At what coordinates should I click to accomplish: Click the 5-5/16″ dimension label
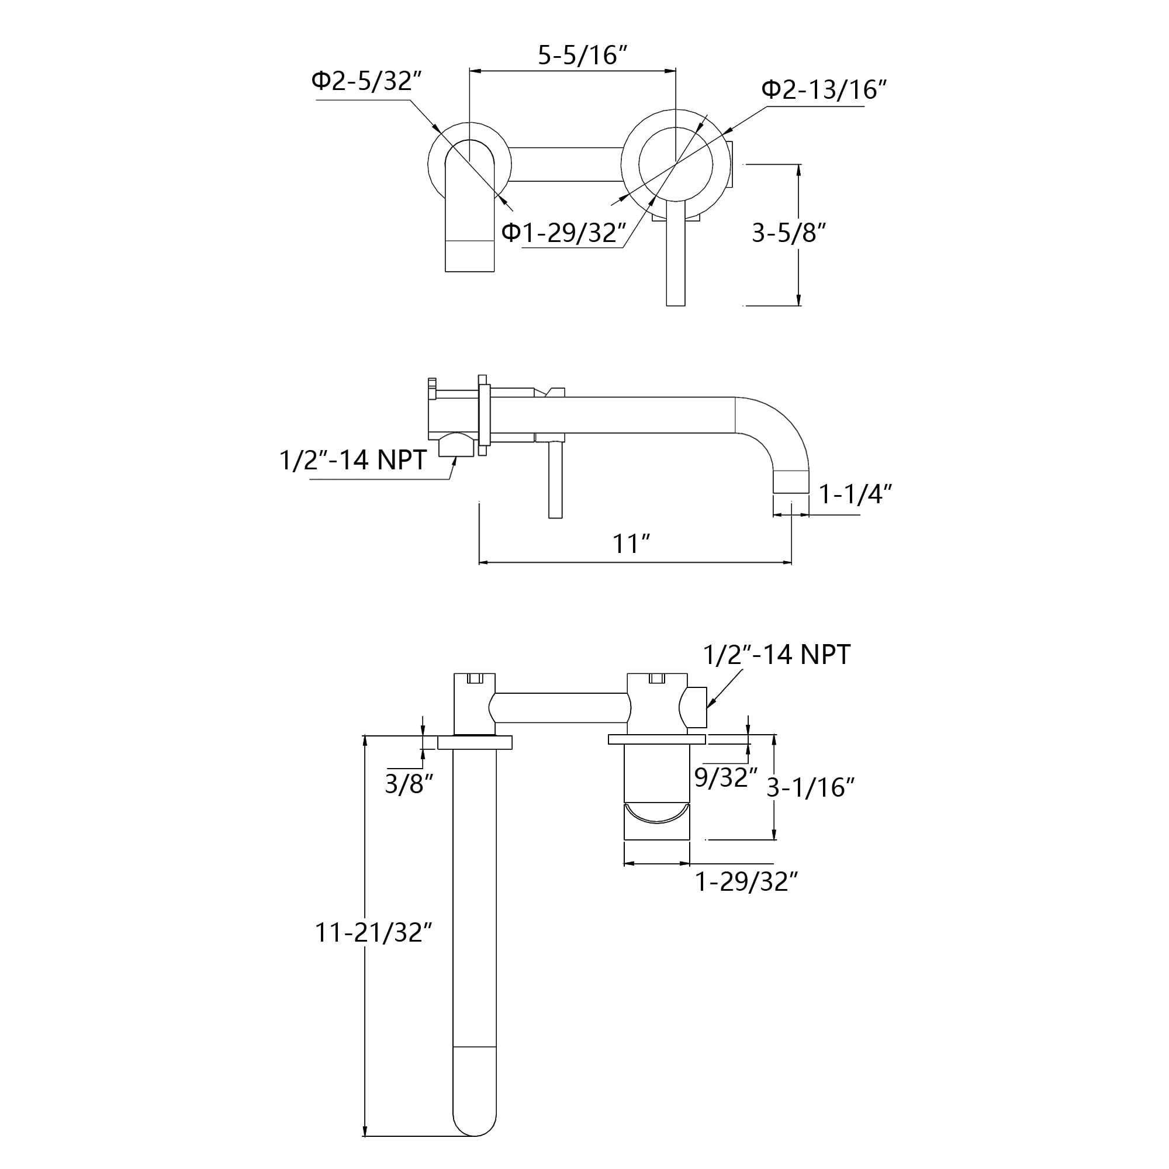(x=582, y=56)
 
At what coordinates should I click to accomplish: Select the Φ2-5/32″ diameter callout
(x=366, y=81)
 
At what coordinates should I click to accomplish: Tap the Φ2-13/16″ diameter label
(x=824, y=89)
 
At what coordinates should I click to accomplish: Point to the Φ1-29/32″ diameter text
(x=563, y=233)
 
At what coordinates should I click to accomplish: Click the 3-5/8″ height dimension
(x=788, y=233)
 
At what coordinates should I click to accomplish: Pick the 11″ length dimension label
(x=631, y=544)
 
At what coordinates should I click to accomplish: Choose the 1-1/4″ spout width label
(x=855, y=494)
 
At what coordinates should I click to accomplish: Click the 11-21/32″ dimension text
(x=373, y=932)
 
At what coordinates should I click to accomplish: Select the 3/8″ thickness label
(x=409, y=784)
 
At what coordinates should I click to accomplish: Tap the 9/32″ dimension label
(x=725, y=777)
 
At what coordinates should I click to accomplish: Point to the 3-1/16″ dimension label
(x=810, y=787)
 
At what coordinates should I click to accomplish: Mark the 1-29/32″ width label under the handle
(x=746, y=881)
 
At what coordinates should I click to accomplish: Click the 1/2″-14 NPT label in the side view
(x=353, y=460)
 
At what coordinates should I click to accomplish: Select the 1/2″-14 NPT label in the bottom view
(x=776, y=654)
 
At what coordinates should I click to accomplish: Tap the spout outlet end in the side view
(x=791, y=482)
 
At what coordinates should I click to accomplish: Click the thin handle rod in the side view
(x=555, y=480)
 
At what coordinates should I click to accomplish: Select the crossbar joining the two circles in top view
(x=566, y=164)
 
